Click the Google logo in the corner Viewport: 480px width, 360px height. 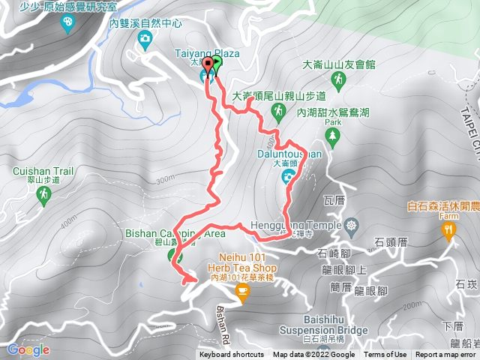coord(28,349)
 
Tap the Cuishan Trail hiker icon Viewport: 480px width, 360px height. coord(43,196)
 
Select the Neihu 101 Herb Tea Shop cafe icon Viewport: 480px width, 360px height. coord(241,294)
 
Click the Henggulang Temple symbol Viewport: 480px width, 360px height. coord(352,225)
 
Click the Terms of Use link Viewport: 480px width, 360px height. coord(385,355)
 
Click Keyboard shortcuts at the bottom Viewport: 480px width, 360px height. coord(232,355)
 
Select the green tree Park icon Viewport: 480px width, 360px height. coord(333,136)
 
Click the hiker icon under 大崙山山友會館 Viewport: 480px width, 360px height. coord(340,78)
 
